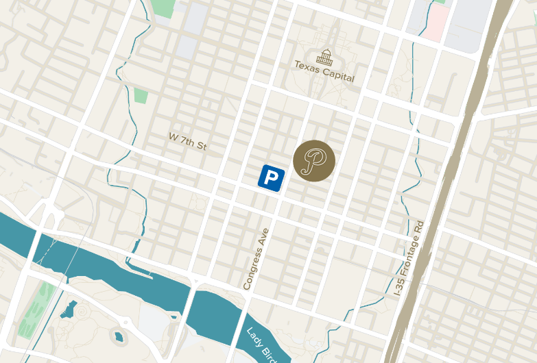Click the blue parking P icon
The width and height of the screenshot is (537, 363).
click(x=272, y=177)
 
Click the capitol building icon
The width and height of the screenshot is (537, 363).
click(x=324, y=56)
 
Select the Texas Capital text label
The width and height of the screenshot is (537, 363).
click(x=324, y=71)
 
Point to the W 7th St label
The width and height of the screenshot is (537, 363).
click(x=187, y=142)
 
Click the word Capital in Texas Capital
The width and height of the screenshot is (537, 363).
click(x=339, y=75)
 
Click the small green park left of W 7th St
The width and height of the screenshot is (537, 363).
click(x=141, y=95)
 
